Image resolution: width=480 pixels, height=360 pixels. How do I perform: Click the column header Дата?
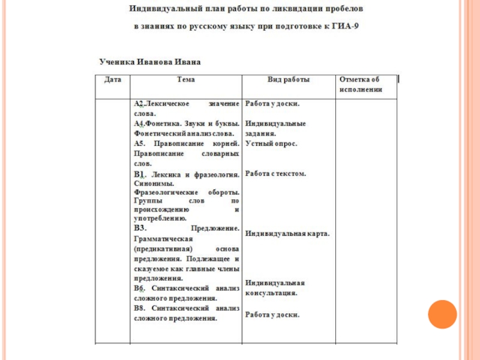[113, 79]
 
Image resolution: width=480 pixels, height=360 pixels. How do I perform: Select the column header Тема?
[186, 79]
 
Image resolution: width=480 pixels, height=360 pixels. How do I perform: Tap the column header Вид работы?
[288, 79]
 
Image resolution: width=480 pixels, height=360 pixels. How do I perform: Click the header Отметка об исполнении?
[360, 84]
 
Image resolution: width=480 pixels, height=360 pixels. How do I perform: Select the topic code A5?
[140, 144]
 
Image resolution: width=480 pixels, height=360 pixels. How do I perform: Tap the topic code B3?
[140, 229]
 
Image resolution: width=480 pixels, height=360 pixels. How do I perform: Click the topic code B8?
[140, 308]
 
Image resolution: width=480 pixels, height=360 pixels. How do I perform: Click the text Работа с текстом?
[276, 173]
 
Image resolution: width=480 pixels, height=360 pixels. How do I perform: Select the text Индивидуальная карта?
[287, 233]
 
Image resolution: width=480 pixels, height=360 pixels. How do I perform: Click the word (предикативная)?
[161, 248]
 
